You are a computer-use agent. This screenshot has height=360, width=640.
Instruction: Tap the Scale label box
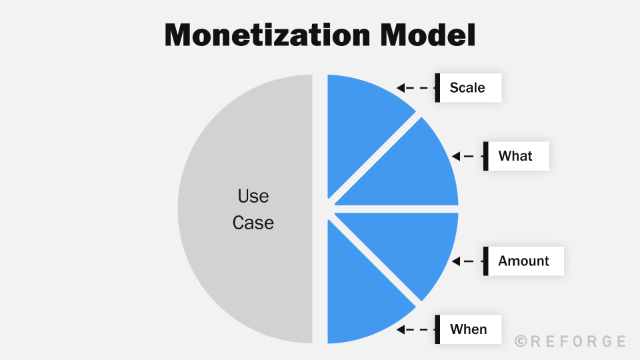[x=468, y=87]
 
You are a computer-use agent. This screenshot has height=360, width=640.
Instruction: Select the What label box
[x=516, y=156]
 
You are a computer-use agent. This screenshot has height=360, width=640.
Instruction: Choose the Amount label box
[x=524, y=261]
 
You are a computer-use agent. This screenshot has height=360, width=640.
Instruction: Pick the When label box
[x=469, y=329]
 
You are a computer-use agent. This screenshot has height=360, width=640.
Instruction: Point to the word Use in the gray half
[x=253, y=196]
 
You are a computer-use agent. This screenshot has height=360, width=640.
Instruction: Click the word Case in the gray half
[x=253, y=223]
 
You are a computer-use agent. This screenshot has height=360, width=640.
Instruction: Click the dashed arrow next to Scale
[x=413, y=87]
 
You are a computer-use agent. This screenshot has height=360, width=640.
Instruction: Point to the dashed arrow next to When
[x=413, y=329]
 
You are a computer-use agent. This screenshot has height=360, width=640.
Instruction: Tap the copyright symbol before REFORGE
[x=521, y=341]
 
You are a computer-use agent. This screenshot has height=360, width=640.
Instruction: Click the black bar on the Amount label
[x=486, y=261]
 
